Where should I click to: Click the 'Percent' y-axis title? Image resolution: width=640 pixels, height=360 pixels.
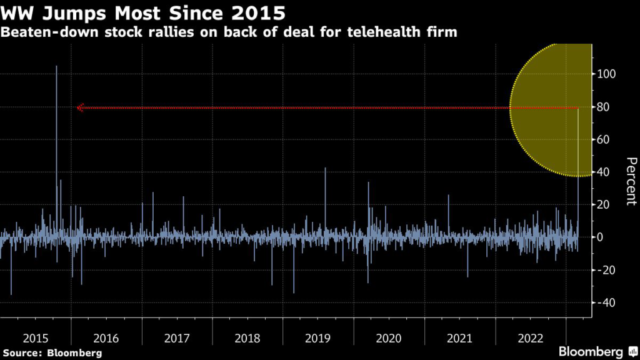click(x=631, y=181)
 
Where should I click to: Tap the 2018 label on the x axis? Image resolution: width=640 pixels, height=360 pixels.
click(x=247, y=338)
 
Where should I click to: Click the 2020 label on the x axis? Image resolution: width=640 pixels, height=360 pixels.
click(x=389, y=338)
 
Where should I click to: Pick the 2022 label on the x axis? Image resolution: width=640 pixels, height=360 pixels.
click(x=530, y=338)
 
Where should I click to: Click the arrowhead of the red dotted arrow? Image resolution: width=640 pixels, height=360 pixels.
click(x=80, y=107)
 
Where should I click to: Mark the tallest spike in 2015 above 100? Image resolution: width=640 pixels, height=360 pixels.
click(x=56, y=67)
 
